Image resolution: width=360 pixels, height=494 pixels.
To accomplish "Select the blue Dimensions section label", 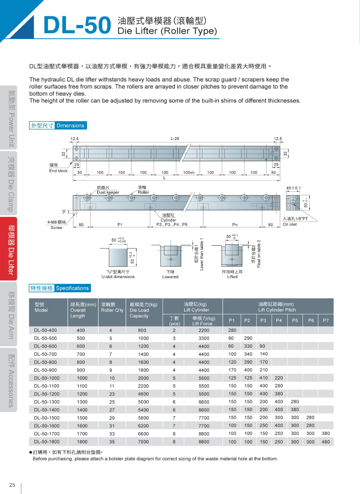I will [70, 126].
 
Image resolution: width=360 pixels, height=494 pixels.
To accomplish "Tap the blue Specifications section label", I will [72, 288].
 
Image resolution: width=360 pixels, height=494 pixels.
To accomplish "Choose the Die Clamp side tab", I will [10, 184].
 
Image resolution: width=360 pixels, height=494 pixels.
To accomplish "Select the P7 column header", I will [325, 321].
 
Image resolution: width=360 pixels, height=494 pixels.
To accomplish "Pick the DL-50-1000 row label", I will [47, 378].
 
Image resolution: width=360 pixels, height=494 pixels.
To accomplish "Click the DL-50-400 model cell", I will [45, 330].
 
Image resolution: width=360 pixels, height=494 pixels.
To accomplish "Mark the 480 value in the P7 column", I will [325, 442].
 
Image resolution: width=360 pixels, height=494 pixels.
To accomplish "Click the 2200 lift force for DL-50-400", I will [203, 330].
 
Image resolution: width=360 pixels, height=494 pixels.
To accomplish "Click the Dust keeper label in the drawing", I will [108, 192].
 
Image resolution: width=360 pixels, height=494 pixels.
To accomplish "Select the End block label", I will [58, 171].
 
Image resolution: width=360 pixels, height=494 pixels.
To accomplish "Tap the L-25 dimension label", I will [174, 139].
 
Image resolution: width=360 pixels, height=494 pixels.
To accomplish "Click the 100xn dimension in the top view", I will [188, 172].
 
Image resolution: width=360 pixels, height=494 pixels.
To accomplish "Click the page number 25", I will [12, 485].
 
